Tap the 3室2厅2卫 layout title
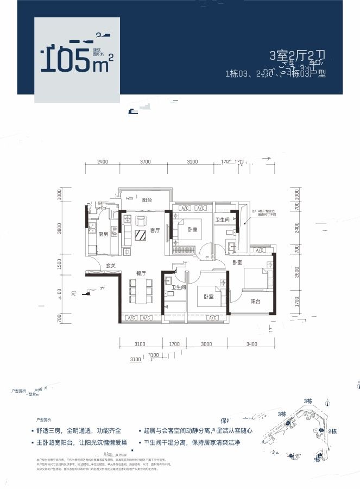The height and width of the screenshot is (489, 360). [297, 56]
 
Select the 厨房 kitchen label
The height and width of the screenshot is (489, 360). [103, 234]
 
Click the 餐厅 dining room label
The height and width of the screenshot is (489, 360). [141, 273]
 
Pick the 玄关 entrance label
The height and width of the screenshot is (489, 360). [111, 266]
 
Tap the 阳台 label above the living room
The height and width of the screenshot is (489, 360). [147, 200]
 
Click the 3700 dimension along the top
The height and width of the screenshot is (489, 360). [145, 162]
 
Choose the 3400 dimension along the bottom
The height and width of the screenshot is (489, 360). [251, 344]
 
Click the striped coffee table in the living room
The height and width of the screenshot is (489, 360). [141, 235]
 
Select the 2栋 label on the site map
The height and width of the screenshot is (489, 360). [333, 431]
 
